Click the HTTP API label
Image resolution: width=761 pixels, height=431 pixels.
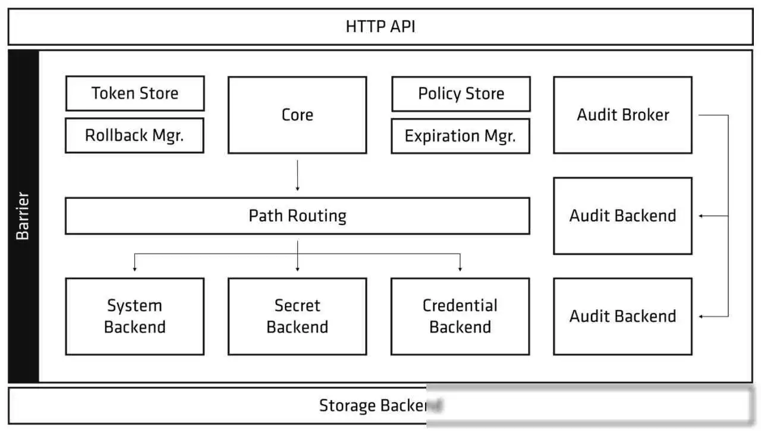coord(380,27)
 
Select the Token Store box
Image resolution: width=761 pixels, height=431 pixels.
coord(135,93)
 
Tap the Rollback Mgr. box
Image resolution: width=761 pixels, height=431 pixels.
coord(134,135)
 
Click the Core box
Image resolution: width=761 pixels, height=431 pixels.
coord(297,115)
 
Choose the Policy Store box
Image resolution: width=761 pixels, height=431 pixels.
coord(461,94)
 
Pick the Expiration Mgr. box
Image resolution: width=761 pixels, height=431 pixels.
coord(460,136)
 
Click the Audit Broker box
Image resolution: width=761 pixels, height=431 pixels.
coord(622,115)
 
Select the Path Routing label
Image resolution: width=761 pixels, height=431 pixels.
coord(298,215)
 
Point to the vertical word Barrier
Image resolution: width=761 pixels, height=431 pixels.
coord(23,215)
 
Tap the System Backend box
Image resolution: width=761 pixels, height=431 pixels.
coord(135,316)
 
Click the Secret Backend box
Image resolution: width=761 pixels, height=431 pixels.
coord(297,316)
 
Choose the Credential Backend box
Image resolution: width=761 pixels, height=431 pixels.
coord(460,316)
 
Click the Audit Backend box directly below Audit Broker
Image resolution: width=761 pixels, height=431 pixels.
coord(622,215)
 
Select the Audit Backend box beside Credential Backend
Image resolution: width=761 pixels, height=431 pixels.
coord(622,316)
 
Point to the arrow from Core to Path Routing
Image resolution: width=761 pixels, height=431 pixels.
coord(297,176)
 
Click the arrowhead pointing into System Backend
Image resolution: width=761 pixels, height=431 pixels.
coord(135,269)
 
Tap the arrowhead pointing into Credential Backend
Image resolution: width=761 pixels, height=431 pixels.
coord(460,269)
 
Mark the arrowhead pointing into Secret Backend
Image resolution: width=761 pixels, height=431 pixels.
coord(298,269)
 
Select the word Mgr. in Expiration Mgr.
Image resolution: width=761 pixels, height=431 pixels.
coord(500,136)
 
